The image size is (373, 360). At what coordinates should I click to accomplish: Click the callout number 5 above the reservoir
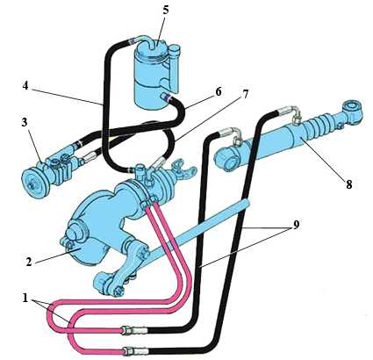pos(166,10)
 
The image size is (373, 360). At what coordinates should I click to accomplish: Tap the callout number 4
pos(25,86)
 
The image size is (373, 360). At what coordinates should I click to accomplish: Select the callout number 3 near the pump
pos(25,122)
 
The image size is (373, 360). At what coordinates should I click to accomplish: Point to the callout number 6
pos(219,92)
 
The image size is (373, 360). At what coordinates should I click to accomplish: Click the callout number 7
pos(245,94)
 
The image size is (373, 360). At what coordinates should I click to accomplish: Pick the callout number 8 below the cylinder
pos(348,184)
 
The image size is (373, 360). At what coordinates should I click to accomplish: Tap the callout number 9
pos(296,225)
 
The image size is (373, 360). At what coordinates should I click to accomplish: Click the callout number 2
pos(28,262)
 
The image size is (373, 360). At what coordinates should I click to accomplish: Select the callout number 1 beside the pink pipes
pos(25,299)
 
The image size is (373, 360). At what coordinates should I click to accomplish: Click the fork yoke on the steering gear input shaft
pos(185,168)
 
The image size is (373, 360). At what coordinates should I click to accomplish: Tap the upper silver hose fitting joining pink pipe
pos(134,331)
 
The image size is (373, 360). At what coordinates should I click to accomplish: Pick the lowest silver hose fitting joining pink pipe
pos(136,349)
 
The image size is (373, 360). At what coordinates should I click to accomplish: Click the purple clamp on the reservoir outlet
pos(167,97)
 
